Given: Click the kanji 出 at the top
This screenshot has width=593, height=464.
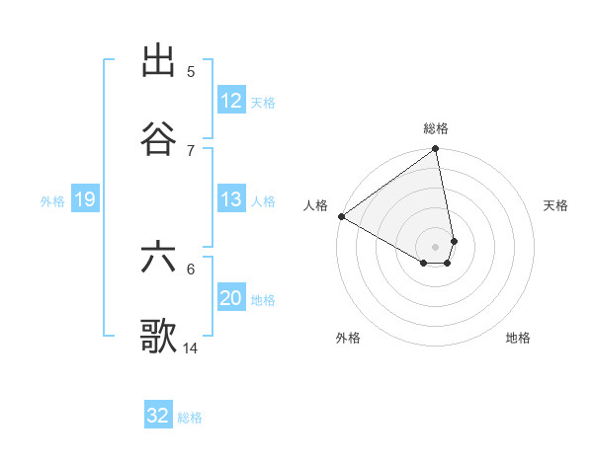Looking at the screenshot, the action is [159, 61].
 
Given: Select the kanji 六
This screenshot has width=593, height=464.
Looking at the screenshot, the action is [159, 259].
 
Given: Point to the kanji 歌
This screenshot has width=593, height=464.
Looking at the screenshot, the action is [159, 336].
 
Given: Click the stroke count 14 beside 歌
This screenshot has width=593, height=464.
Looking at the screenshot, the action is [191, 348].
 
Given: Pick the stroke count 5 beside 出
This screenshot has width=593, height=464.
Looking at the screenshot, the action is [191, 72].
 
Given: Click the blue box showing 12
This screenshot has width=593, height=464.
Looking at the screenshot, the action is [231, 101].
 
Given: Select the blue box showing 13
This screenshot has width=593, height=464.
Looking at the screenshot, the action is [231, 199].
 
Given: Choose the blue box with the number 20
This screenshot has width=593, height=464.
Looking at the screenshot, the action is [231, 298].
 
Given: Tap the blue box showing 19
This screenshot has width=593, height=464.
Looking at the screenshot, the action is [84, 200].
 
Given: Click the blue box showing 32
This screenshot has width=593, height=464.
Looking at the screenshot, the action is [158, 416].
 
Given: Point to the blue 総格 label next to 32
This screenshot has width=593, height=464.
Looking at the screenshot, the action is [190, 418].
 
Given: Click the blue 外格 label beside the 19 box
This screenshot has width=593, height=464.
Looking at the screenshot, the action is [52, 201].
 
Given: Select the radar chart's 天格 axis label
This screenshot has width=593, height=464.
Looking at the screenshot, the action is [555, 205].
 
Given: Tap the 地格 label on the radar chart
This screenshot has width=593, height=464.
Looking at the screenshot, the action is [518, 338].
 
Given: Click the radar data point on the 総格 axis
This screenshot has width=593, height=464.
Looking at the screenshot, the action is [435, 149].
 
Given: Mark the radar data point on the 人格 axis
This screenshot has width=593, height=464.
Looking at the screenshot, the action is [341, 216].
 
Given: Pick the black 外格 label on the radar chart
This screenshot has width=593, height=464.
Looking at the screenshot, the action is [348, 338].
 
